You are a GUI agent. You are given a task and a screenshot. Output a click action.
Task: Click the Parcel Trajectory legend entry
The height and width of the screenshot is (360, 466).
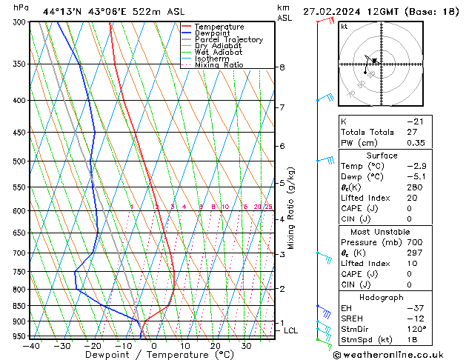click(x=228, y=39)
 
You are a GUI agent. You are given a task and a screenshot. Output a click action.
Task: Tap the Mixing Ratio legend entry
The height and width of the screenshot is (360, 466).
click(x=219, y=65)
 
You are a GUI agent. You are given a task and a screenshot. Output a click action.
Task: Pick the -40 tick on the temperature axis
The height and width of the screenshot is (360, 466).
click(x=31, y=346)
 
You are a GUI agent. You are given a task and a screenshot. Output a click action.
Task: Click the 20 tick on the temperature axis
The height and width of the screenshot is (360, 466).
click(x=215, y=346)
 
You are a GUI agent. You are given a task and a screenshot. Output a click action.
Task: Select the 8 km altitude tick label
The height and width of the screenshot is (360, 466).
click(x=282, y=67)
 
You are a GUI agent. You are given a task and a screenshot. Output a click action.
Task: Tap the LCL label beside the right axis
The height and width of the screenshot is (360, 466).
click(x=290, y=331)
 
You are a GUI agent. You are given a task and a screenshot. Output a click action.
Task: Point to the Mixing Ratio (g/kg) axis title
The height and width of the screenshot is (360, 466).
click(x=291, y=207)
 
